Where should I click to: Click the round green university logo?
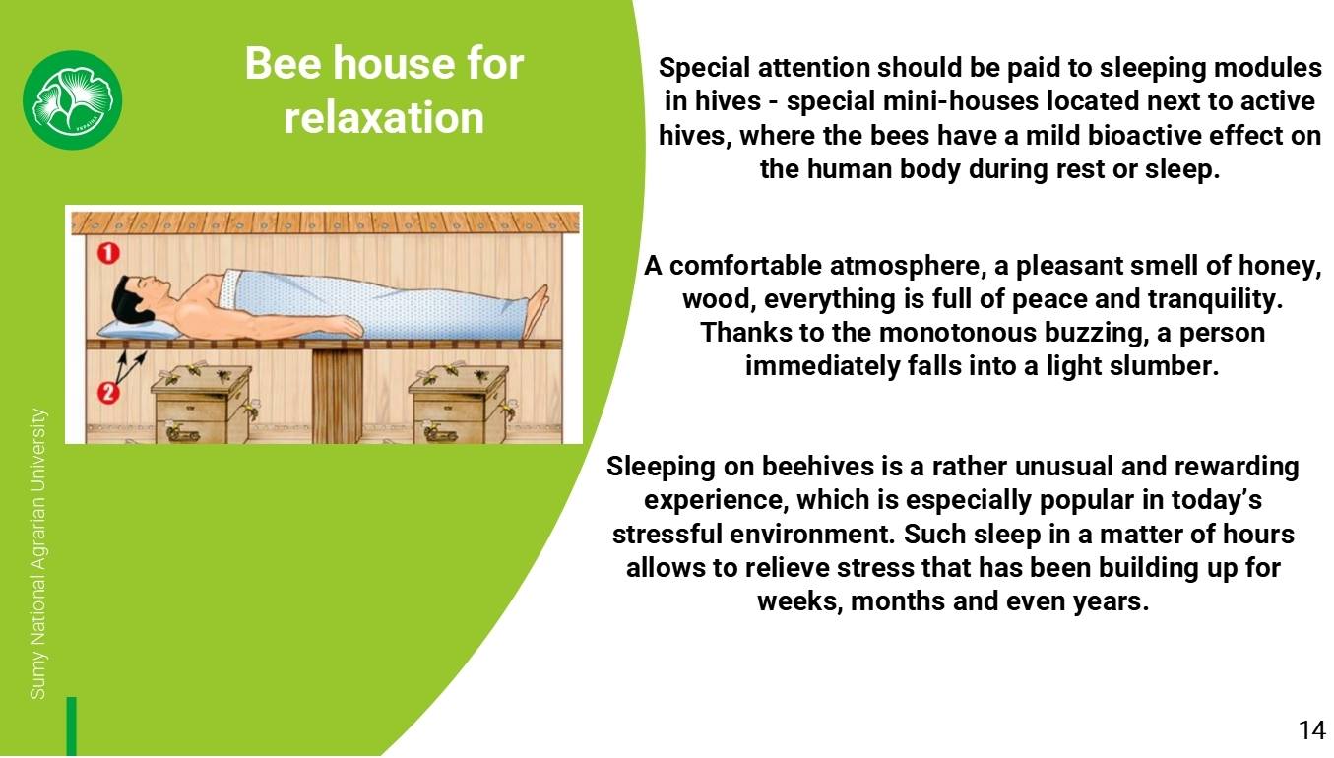[72, 100]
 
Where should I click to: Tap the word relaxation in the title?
[384, 117]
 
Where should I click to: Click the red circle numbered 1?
[108, 253]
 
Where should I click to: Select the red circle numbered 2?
[108, 393]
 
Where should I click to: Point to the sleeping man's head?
[134, 297]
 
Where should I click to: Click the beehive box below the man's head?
[201, 405]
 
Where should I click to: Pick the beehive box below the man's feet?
[459, 405]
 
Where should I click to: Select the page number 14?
[1312, 730]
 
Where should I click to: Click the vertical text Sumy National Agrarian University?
[37, 554]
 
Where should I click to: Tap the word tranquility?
[1216, 299]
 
